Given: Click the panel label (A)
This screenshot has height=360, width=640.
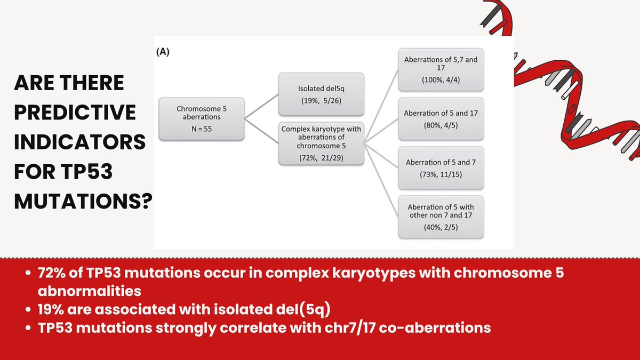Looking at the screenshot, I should point(162,52).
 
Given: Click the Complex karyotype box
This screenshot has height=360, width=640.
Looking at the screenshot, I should point(321,143).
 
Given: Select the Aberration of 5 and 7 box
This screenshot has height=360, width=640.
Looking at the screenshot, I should point(441,167).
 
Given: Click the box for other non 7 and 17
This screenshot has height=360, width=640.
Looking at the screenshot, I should point(441,215).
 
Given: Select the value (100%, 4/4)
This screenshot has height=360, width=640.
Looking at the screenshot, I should point(441,81).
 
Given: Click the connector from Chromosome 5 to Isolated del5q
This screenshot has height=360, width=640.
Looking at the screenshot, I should point(262,107).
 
